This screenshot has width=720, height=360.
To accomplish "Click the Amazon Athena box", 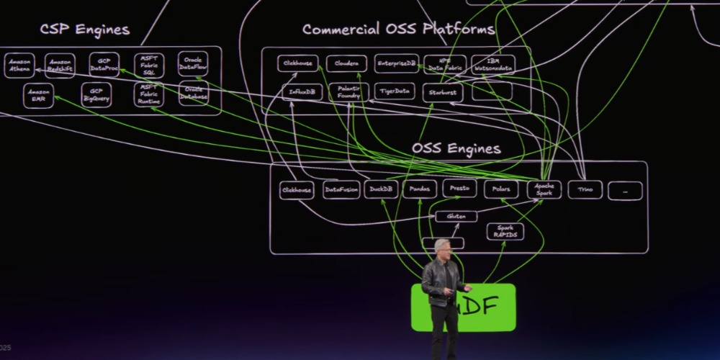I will coord(19,65).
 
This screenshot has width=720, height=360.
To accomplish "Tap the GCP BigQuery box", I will coord(96,94).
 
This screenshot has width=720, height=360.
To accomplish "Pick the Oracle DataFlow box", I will coord(193,64).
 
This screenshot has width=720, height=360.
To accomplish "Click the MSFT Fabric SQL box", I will coord(149,65).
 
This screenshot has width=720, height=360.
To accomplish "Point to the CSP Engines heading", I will coord(85,30).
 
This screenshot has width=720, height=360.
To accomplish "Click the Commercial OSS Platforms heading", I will coord(398,30).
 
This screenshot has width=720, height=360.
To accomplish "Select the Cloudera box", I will coord(346,63).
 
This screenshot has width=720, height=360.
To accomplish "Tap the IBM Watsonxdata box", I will coord(493,64).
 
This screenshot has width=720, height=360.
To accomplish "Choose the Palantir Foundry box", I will coord(348,92).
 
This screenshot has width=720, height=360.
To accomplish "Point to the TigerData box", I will coord(395,92).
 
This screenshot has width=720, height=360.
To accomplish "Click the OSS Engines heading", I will coord(456,148).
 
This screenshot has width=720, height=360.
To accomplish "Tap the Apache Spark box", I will coord(544,189).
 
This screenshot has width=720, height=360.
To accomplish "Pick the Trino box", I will coord(585,189).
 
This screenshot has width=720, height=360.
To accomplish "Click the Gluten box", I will coord(456,216).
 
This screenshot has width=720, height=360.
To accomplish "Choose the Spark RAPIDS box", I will coord(505,231).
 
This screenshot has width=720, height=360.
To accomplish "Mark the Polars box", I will coord(500,189).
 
